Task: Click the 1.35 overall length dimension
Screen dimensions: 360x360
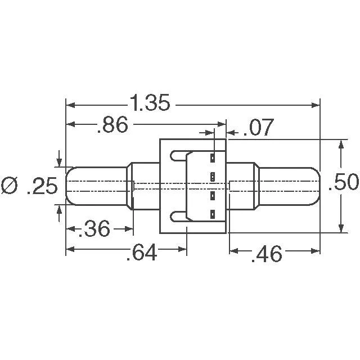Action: tap(150, 102)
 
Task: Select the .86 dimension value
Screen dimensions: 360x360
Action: tap(112, 125)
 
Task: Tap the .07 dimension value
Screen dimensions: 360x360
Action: tap(258, 127)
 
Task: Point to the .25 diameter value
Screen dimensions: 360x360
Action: tap(42, 186)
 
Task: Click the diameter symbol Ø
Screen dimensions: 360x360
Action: tap(10, 186)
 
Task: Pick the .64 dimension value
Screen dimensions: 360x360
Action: tap(142, 253)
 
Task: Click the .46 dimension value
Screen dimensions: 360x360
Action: tap(267, 254)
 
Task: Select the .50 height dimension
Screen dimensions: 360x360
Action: tap(343, 182)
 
